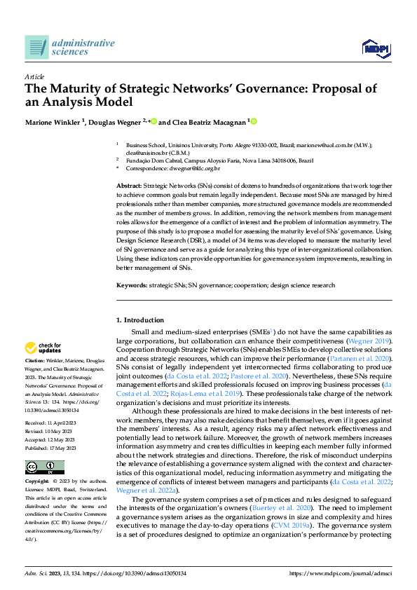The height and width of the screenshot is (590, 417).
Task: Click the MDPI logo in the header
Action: click(376, 48)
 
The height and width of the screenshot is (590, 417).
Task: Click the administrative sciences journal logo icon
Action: click(36, 48)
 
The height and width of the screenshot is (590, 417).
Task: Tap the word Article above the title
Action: click(34, 76)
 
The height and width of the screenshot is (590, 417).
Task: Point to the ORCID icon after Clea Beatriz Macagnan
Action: click(254, 121)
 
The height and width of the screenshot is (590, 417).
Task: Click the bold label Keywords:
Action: click(131, 286)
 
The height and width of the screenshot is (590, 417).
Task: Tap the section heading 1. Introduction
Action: click(139, 320)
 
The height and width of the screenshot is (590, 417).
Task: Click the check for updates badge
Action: click(43, 348)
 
